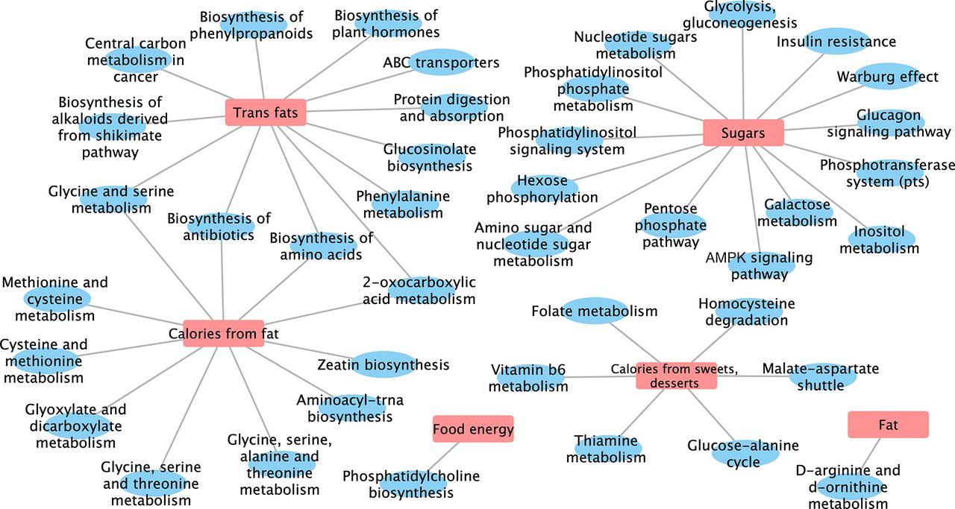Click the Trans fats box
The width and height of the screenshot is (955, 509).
point(266,113)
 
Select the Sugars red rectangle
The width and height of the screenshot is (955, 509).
point(743,133)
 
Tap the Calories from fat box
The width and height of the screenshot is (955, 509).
point(223,334)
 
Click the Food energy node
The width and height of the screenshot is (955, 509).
point(473,429)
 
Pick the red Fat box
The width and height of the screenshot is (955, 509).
point(888,425)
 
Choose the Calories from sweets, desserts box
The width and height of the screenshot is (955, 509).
point(676,376)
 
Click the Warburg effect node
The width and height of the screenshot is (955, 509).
point(888,76)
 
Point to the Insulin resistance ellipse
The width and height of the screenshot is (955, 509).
point(836,41)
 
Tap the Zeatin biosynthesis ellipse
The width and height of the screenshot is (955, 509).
point(383,364)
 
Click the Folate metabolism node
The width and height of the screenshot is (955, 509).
point(595,311)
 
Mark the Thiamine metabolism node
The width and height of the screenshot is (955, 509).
point(607,449)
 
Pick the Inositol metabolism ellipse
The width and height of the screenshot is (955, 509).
point(880,240)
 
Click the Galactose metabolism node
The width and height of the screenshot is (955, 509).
point(798,212)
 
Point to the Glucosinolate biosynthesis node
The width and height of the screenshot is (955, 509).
point(430,157)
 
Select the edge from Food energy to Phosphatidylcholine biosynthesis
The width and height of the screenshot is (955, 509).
point(442,457)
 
